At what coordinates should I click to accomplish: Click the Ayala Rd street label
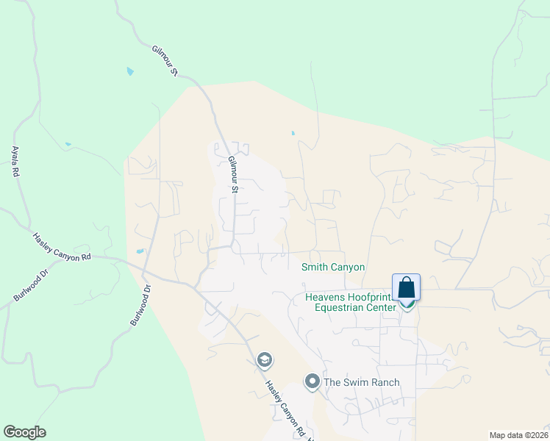pos(15,161)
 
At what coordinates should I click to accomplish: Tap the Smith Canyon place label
pos(333,268)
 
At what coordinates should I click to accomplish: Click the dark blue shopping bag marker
pos(406,287)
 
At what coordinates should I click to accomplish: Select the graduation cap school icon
pos(264,360)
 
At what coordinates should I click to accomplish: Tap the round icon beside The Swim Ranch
pos(312,381)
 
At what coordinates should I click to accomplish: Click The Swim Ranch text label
pos(362,382)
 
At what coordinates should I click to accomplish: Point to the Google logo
pos(24,432)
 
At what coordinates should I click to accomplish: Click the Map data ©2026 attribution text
pos(519,435)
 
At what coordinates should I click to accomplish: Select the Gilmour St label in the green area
pos(166,60)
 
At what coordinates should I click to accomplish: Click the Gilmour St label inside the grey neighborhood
pos(233,174)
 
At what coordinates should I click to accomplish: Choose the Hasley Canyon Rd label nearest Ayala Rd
pos(62,246)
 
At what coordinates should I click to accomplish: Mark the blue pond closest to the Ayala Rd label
pos(68,144)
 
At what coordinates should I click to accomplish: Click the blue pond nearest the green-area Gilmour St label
pos(130,71)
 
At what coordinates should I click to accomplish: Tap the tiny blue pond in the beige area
pos(293,134)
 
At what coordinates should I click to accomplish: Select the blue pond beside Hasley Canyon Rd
pos(140,251)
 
